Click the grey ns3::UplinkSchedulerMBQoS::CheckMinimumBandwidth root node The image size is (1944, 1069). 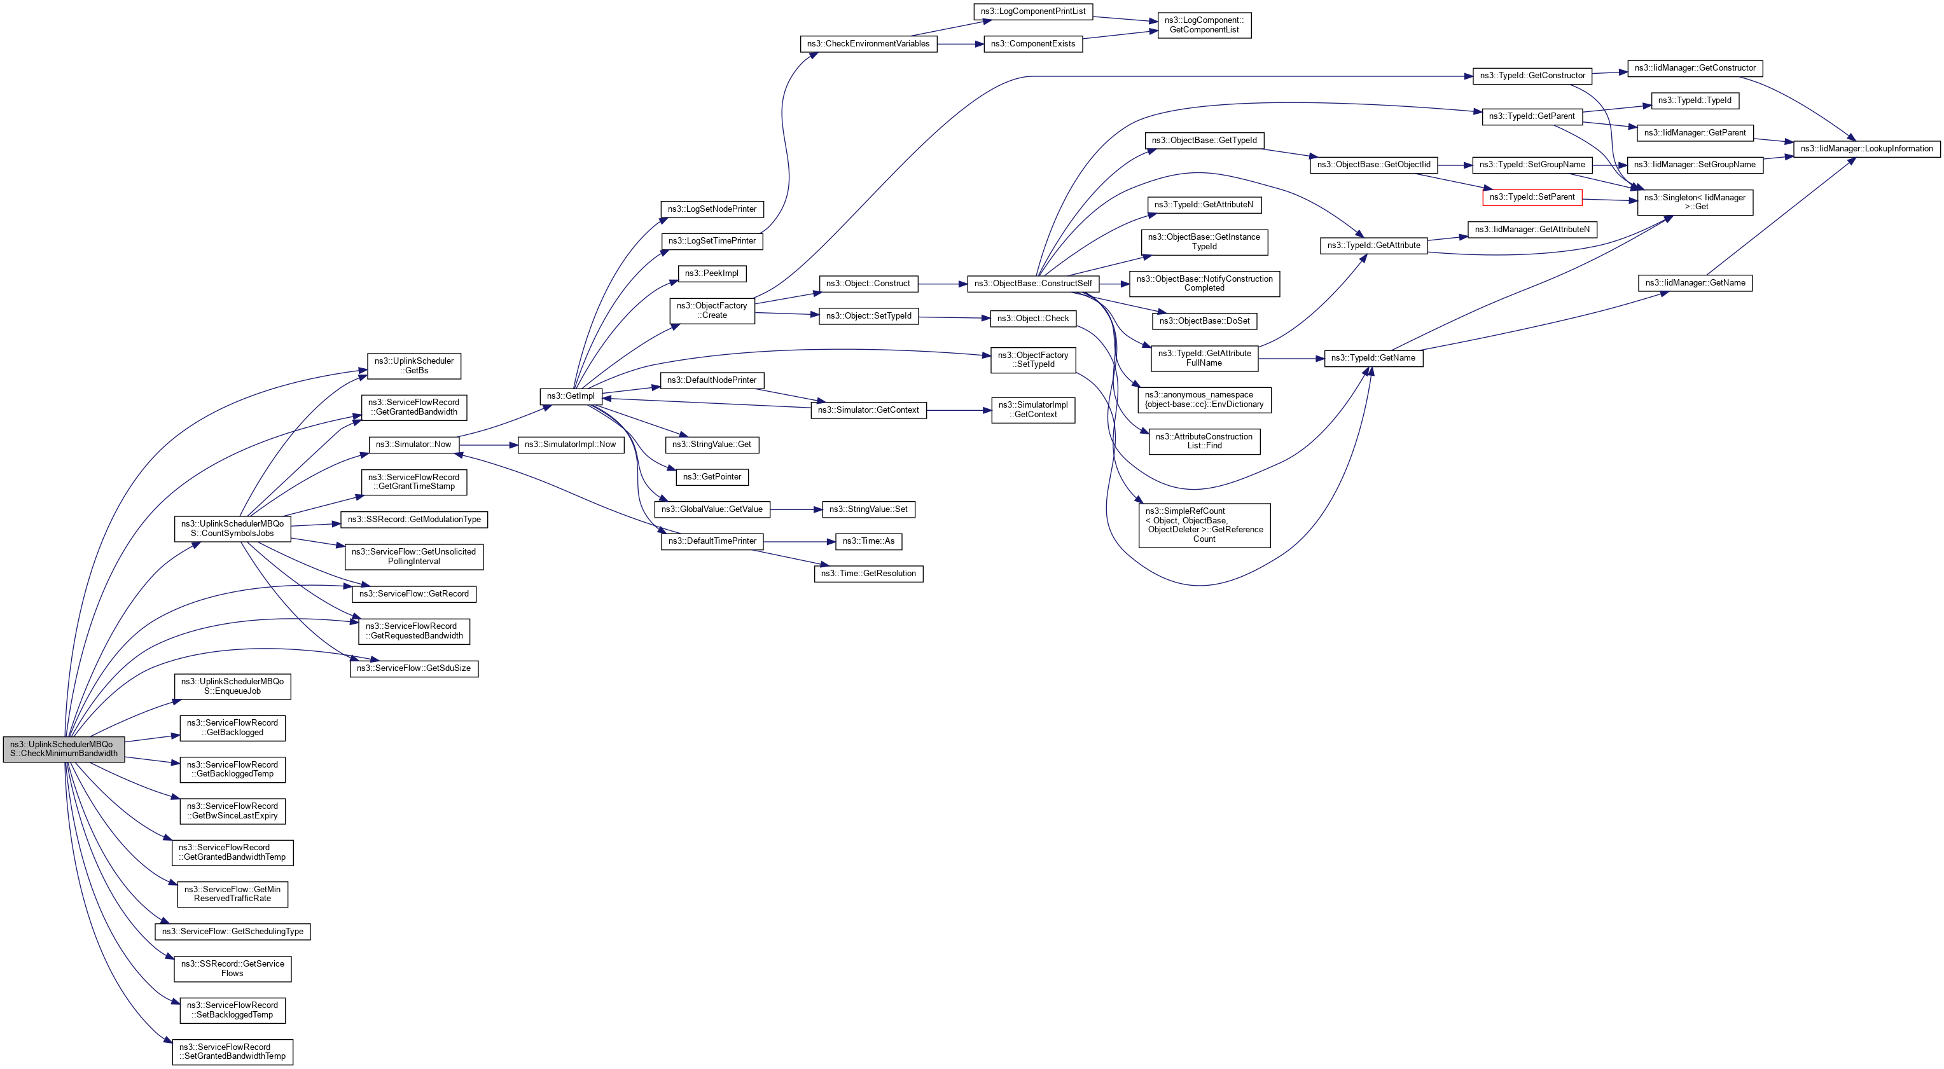[x=64, y=748]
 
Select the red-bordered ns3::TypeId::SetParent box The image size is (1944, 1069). [x=1531, y=197]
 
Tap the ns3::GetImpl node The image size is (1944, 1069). [x=571, y=396]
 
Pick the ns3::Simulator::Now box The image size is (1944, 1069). [x=413, y=445]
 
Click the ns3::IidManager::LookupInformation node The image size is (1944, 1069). [x=1866, y=149]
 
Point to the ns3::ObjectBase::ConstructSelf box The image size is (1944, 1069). [x=1032, y=284]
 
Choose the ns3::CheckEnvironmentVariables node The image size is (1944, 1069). [x=868, y=44]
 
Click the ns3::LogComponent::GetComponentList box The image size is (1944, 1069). [x=1204, y=25]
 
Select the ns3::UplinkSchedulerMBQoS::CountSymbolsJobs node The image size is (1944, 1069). [x=232, y=528]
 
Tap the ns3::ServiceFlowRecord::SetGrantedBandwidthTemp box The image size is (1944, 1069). [x=232, y=1051]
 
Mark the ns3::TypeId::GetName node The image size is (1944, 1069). [x=1373, y=357]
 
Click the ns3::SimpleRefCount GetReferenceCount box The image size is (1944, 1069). [x=1204, y=525]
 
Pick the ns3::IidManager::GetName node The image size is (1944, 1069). [x=1694, y=283]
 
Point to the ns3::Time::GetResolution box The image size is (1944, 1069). [x=868, y=574]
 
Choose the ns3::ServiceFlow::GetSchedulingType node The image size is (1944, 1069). [x=232, y=931]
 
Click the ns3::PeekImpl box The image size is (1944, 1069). [x=712, y=273]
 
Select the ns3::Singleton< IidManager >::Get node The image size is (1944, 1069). [x=1694, y=202]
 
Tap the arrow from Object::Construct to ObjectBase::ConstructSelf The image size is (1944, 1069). [x=943, y=284]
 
